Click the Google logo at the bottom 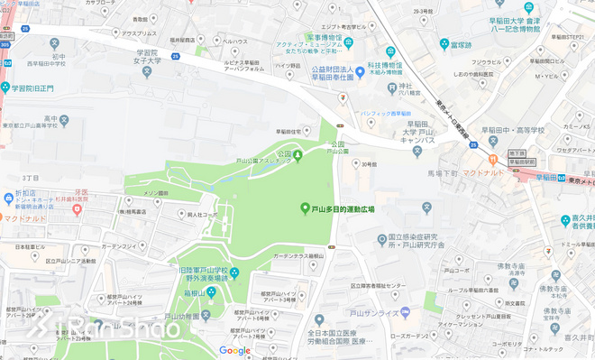[x=235, y=350]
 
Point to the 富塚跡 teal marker [x=444, y=43]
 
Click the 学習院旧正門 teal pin [x=6, y=88]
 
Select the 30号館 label [x=367, y=164]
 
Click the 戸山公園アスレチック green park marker [x=298, y=157]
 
